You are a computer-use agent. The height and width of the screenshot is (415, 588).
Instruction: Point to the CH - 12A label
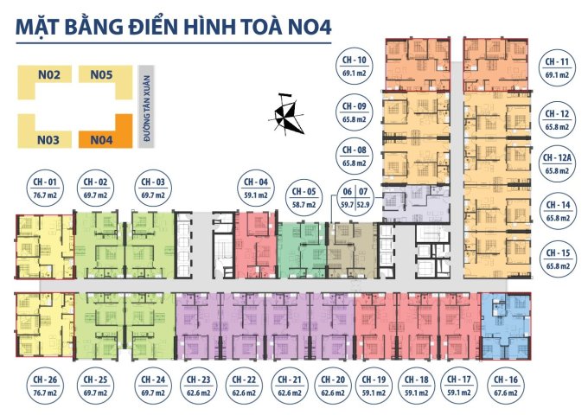coord(558,164)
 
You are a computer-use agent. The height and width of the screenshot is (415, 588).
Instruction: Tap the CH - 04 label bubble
coord(255,189)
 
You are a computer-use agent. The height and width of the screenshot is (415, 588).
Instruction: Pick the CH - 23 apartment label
coord(198,385)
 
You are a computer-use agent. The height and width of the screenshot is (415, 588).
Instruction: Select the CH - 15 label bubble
coord(558,258)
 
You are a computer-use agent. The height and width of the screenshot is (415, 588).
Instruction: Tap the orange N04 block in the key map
coord(102,138)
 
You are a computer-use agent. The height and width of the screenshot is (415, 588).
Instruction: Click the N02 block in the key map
coord(48,76)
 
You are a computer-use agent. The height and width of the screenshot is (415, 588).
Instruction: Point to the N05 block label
coord(102,76)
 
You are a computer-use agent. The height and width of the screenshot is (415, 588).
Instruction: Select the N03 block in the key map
coord(48,138)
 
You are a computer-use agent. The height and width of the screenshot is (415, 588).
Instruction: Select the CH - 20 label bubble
coord(332,385)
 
